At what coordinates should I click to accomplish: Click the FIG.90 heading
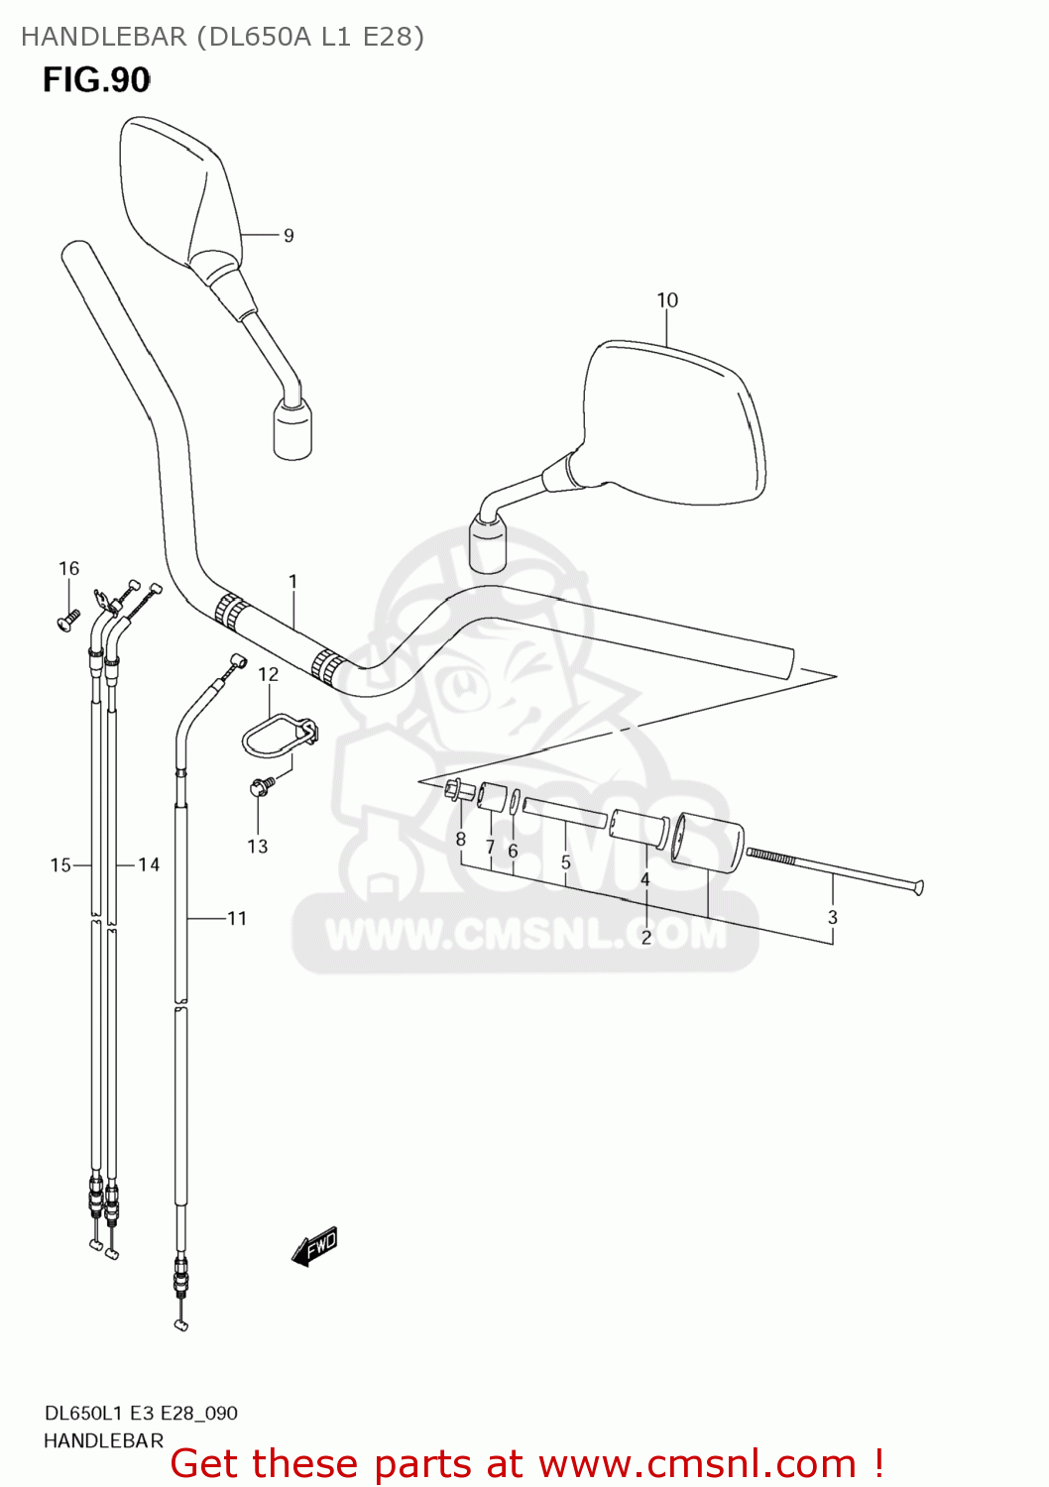point(96,80)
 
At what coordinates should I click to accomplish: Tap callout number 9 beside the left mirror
point(289,236)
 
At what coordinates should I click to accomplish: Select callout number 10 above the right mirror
point(667,300)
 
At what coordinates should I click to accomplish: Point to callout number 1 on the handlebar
point(293,581)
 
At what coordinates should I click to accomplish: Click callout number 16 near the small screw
point(68,568)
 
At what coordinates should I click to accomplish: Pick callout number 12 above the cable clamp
point(269,674)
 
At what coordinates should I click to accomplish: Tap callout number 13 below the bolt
point(258,847)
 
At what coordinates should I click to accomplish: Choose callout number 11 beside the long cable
point(237,918)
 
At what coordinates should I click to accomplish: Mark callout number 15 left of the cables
point(60,865)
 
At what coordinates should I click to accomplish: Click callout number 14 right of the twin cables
point(149,865)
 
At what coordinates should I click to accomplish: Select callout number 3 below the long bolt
point(833,917)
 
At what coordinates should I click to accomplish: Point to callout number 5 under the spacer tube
point(566,862)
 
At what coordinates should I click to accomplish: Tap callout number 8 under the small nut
point(461,840)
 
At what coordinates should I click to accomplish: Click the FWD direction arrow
point(316,1246)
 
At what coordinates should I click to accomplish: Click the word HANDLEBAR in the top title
point(103,37)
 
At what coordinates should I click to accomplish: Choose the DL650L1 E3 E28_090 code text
point(141,1413)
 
